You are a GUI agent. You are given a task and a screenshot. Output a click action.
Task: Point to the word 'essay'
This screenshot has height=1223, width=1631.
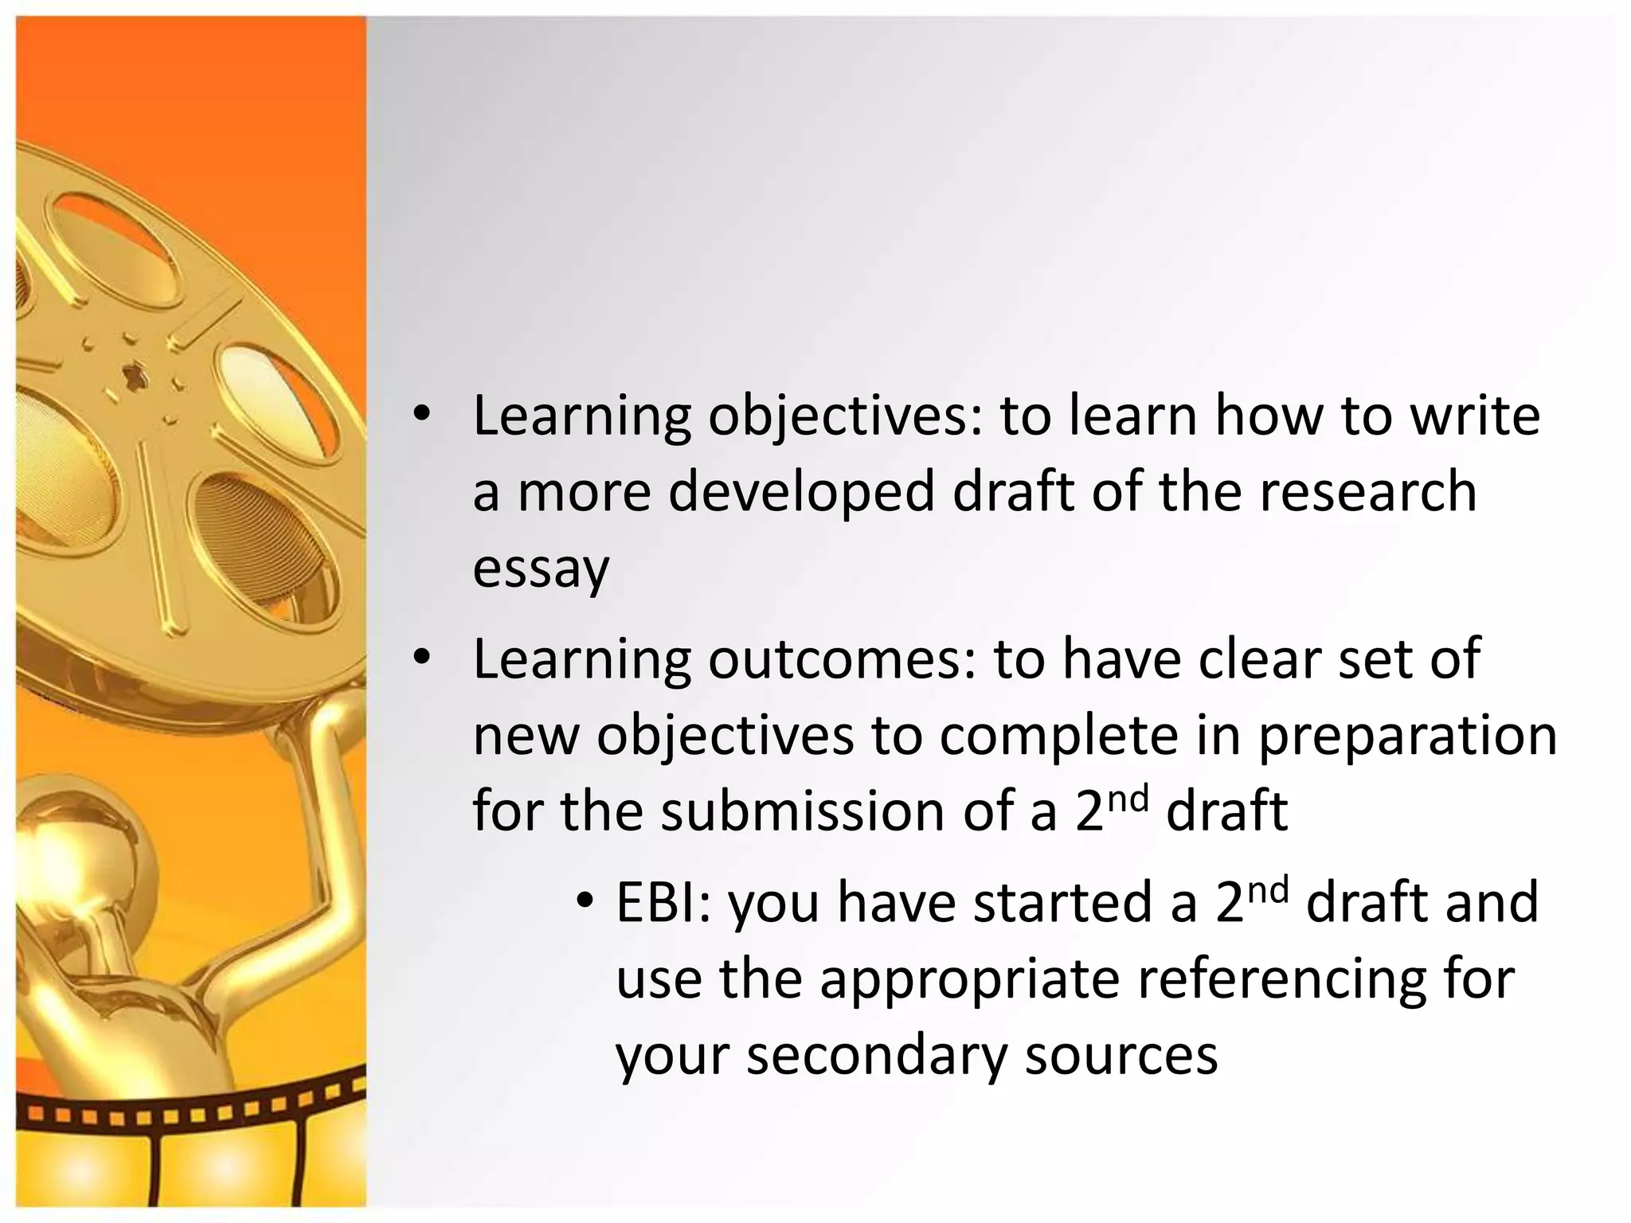point(541,570)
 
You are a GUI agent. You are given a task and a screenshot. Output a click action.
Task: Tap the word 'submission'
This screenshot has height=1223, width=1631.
point(802,811)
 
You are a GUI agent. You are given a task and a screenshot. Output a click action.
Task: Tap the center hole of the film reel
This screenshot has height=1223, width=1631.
point(134,374)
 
